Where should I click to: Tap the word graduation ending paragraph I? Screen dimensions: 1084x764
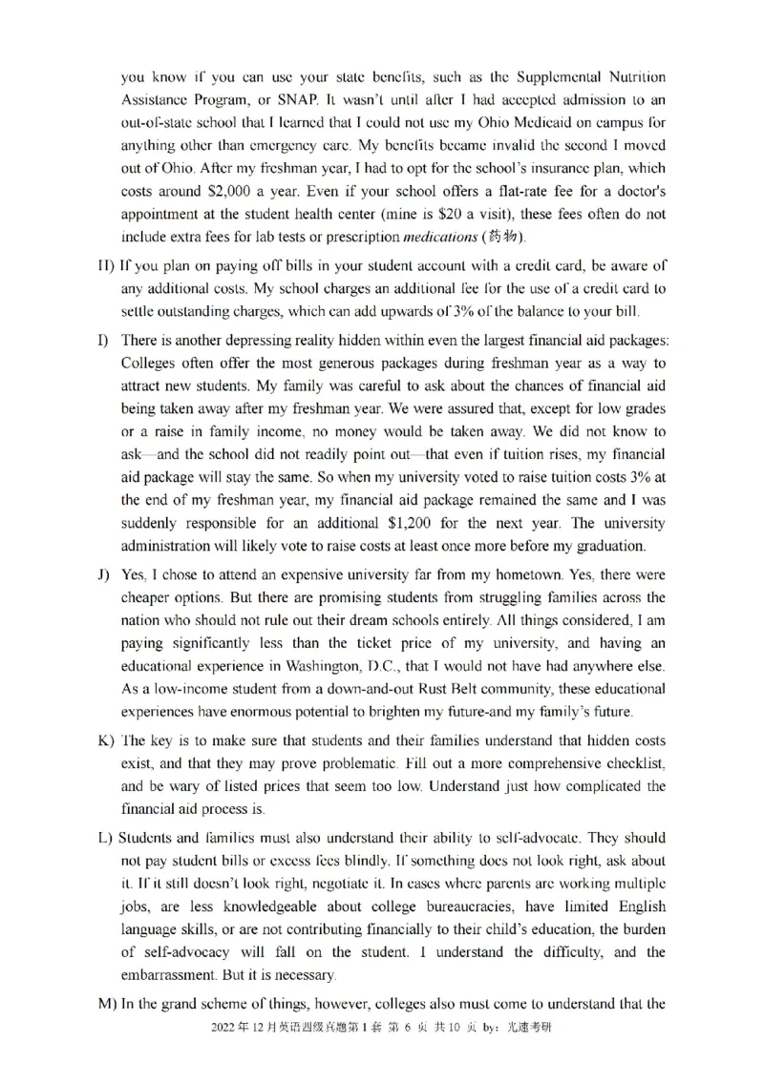click(x=606, y=547)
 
